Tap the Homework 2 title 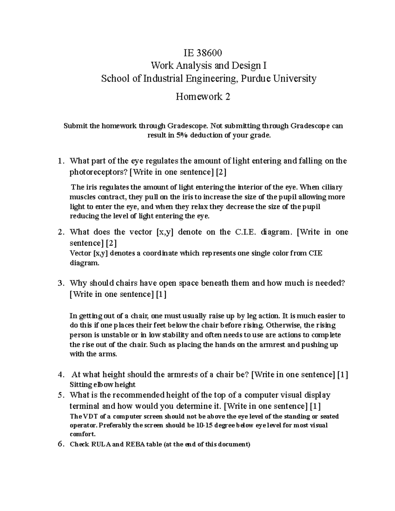(x=203, y=97)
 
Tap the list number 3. (x=60, y=283)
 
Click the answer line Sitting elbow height (x=103, y=384)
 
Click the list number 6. (x=60, y=444)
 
